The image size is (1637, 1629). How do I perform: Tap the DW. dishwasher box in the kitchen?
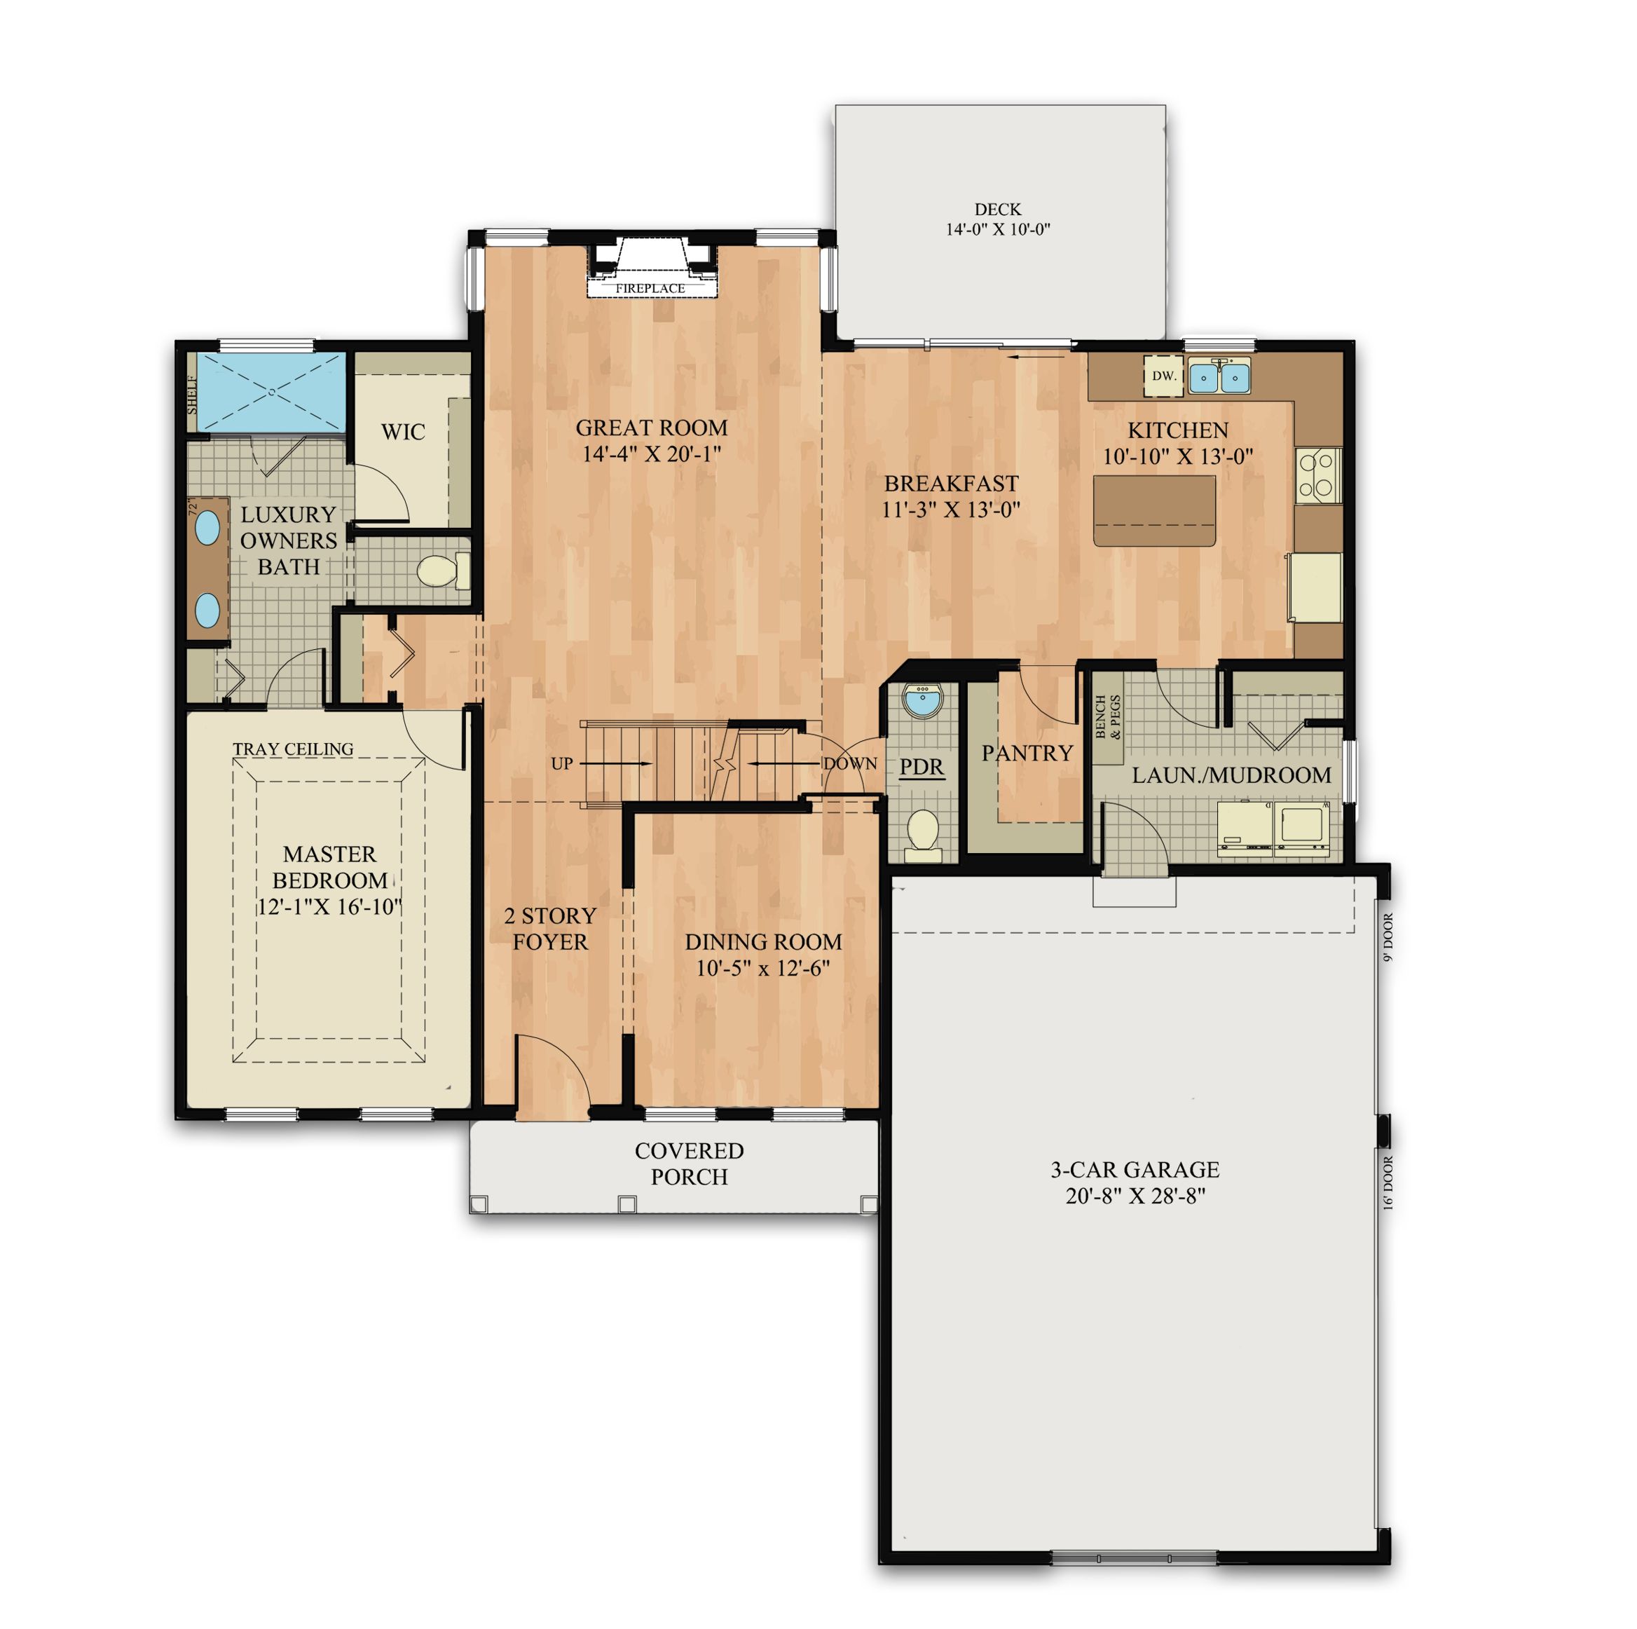point(1163,376)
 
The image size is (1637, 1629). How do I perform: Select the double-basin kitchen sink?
point(1219,377)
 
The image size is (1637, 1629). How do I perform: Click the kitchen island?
point(1154,510)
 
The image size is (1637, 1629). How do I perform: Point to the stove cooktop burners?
point(1317,475)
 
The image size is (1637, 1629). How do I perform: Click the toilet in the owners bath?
point(441,571)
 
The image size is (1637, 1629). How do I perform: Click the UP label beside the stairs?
point(562,763)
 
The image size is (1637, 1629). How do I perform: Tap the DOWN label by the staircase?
point(850,763)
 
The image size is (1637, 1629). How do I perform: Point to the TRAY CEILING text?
point(293,749)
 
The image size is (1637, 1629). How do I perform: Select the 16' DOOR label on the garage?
point(1388,1182)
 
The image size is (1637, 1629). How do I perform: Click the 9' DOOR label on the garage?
point(1388,936)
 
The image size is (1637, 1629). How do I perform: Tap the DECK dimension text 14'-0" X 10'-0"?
point(997,229)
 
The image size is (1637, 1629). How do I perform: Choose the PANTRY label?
point(1027,753)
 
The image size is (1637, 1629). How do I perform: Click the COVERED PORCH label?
point(689,1163)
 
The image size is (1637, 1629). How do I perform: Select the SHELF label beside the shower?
point(192,395)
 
